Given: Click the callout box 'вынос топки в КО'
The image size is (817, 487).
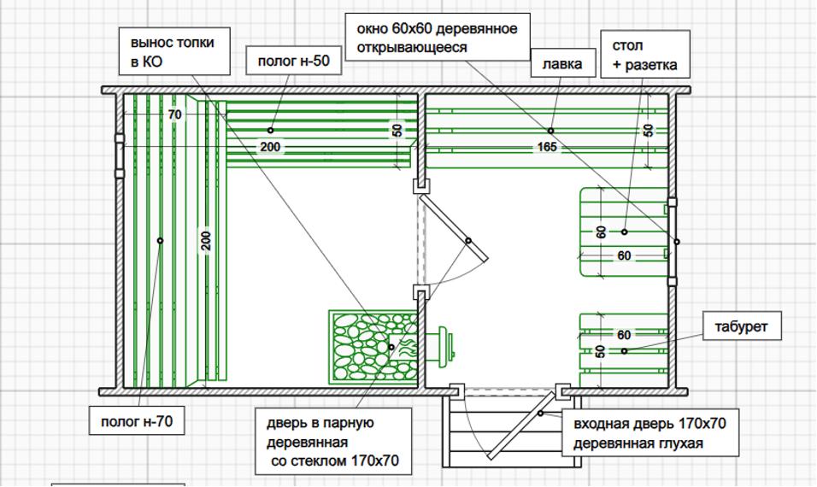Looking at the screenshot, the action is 174,51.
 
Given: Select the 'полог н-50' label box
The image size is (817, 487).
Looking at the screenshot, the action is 294,61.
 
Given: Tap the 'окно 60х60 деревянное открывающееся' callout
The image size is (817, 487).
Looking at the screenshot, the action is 438,38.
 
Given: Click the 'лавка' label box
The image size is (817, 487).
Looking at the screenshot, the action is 562,63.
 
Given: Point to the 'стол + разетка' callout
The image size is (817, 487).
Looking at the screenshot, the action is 645,54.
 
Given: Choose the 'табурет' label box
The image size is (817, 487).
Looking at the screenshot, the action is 742,326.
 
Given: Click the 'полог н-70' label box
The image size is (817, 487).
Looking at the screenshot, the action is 137,421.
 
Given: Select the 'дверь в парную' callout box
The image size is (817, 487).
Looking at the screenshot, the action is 333,442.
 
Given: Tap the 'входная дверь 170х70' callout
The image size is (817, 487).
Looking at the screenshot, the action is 649,432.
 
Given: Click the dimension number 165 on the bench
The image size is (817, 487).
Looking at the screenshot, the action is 547,147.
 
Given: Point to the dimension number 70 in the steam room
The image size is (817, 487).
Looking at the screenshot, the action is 175,114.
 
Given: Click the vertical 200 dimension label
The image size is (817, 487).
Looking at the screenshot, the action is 206,241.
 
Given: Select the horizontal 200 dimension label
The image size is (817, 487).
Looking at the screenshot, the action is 270,147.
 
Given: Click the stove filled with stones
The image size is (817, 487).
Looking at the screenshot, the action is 373,348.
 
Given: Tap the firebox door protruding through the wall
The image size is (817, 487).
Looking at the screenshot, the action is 441,346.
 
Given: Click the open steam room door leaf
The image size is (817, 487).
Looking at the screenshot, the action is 454,227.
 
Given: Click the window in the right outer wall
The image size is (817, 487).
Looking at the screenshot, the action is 673,242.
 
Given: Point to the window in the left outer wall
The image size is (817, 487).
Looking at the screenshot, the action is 120,155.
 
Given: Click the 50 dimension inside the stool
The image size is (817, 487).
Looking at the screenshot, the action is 600,351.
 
